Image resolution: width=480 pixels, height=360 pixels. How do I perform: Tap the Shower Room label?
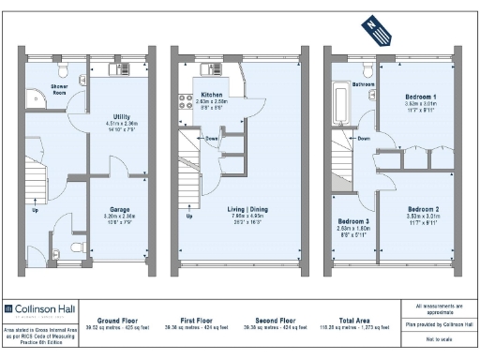point(59,92)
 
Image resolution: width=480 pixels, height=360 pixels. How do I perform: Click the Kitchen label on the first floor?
point(211,96)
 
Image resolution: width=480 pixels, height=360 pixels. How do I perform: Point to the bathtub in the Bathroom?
point(339,105)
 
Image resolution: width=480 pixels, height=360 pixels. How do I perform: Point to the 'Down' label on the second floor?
point(363,138)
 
